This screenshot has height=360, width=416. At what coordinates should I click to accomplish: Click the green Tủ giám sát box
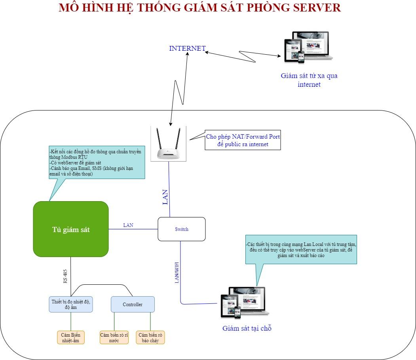coord(71,229)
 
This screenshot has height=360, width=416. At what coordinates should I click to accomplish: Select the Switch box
coord(182,229)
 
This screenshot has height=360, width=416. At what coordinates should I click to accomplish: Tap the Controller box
coord(133,304)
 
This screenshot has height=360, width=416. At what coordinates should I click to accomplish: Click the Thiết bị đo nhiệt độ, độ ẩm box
coord(71,304)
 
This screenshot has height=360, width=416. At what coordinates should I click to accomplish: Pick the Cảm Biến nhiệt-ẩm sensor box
coord(71,337)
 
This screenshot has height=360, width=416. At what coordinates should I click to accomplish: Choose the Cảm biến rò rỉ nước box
coord(114,337)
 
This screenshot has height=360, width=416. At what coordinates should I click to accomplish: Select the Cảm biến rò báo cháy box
coord(150,337)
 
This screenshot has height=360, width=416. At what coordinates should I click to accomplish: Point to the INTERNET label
coord(187,48)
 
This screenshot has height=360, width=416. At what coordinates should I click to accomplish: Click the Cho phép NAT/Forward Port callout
coord(243,141)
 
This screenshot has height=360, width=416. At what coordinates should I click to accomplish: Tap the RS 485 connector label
coord(65,276)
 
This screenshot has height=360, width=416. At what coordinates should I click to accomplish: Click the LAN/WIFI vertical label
coord(177,272)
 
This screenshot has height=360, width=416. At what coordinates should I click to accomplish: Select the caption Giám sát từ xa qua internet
coord(309,80)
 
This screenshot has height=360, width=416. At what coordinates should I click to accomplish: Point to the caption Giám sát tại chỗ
coord(247,328)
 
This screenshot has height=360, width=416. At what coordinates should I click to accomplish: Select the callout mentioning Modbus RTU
coord(96,162)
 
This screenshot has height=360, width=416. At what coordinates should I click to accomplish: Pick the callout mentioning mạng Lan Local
coord(301,250)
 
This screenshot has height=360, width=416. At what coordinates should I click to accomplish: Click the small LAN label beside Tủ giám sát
coord(128,225)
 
